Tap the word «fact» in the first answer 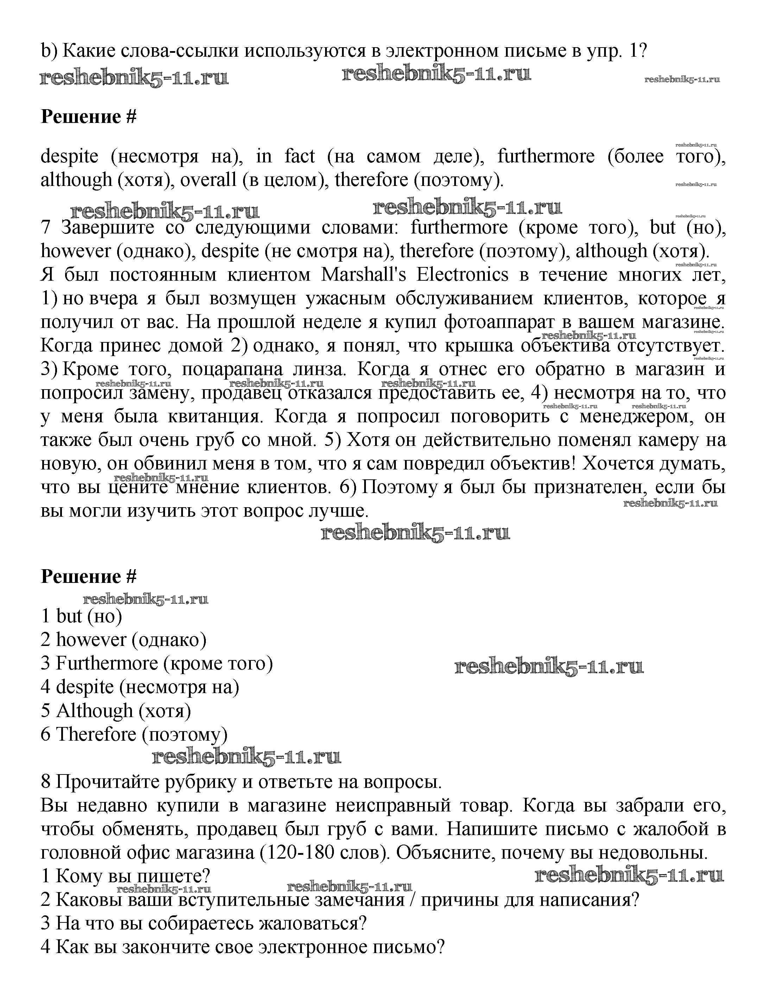coord(299,157)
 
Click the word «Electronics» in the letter coord(462,275)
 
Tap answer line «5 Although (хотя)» coord(115,710)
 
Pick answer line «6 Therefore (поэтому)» coord(134,734)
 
